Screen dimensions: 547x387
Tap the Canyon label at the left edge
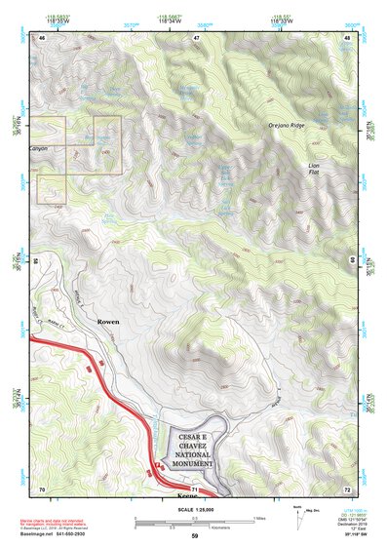(38, 149)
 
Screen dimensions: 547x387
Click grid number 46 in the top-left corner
(42, 37)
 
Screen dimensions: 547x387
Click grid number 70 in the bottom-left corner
(42, 488)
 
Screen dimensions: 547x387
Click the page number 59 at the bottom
(194, 537)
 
